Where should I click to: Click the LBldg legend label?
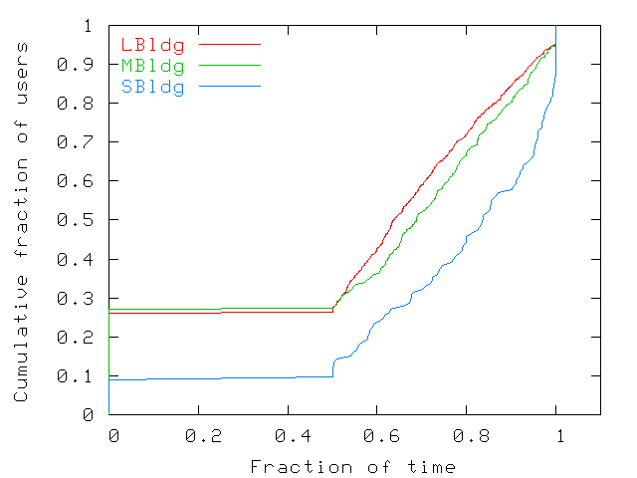coord(152,45)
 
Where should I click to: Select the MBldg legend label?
coord(152,66)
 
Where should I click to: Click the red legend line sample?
coord(230,45)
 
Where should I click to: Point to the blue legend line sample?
coord(230,87)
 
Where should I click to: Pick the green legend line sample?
coord(230,66)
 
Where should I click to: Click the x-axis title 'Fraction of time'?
coord(352,466)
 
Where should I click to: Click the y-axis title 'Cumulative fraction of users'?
coord(21,220)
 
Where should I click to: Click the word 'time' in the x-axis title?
coord(435,466)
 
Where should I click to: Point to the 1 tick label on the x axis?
coord(559,435)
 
